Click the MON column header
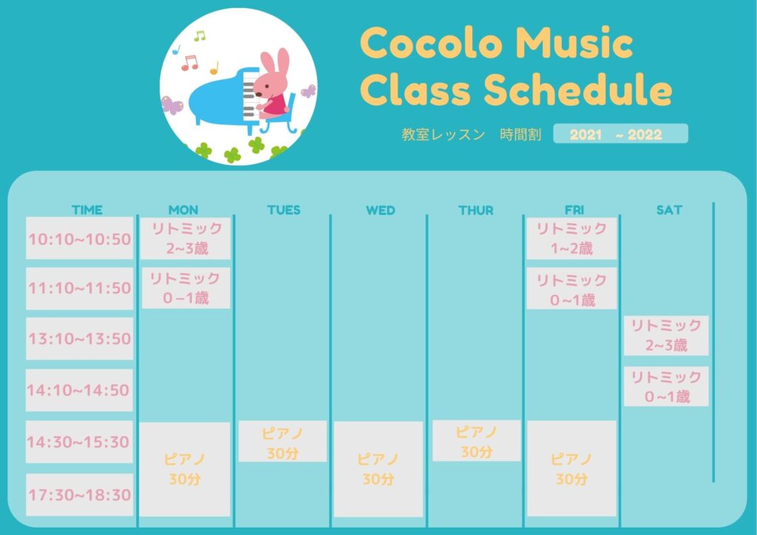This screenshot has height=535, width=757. click(x=183, y=210)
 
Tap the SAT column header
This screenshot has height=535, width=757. click(x=669, y=210)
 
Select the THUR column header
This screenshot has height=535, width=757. click(x=476, y=211)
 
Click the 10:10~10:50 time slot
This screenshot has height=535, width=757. click(x=80, y=239)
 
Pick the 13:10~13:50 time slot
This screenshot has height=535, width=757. click(x=80, y=338)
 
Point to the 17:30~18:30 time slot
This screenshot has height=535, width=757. click(x=80, y=494)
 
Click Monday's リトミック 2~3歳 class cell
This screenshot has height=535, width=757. click(x=186, y=239)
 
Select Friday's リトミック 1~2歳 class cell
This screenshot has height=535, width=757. click(x=571, y=239)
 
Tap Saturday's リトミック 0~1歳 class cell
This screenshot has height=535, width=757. click(x=666, y=386)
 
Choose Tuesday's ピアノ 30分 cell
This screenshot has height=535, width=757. click(x=282, y=441)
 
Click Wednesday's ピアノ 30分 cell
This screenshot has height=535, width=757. click(x=378, y=469)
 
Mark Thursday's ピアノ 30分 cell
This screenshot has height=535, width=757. click(x=477, y=440)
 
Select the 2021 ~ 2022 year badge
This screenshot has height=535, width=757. click(x=621, y=134)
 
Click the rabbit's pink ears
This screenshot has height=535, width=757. click(x=276, y=61)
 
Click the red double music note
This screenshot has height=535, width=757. click(x=189, y=63)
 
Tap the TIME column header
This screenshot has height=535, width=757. click(x=87, y=210)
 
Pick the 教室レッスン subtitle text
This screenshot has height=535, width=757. click(x=444, y=134)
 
